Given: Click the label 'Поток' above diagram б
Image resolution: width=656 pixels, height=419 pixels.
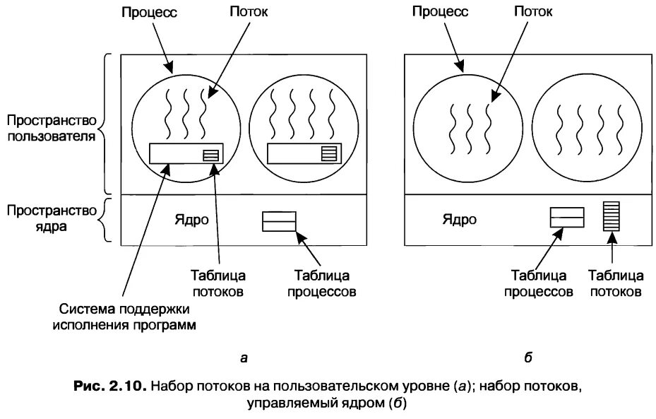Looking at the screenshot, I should tap(532, 11).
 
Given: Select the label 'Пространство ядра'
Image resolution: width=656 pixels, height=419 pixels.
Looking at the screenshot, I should tap(51, 218).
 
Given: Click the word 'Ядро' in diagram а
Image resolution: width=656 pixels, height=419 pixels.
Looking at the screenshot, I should tap(191, 219).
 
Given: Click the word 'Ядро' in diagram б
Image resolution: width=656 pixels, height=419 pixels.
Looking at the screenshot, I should tap(459, 219).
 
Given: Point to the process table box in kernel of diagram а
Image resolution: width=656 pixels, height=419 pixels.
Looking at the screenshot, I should tap(279, 221).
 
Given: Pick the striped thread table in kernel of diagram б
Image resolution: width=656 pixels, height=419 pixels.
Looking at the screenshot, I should tap(611, 216).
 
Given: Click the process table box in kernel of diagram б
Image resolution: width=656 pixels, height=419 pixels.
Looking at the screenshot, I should tap(566, 217).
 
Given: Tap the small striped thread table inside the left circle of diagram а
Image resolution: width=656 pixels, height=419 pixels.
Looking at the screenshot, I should tap(211, 155).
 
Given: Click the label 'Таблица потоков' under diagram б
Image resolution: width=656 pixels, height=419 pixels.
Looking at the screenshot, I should tap(614, 283).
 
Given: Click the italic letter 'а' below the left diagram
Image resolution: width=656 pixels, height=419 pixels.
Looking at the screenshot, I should tap(244, 358).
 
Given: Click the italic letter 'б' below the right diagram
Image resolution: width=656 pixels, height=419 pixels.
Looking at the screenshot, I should tap(527, 358).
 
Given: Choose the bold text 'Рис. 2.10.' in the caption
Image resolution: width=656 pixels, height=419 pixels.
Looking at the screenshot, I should tap(109, 386).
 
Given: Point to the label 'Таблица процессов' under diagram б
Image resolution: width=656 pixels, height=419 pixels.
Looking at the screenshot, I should tap(540, 283).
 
